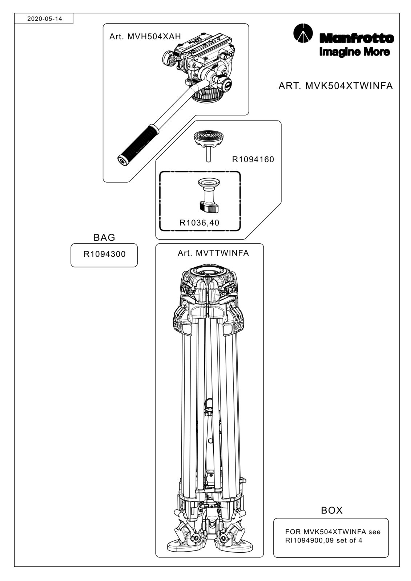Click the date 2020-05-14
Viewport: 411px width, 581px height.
(45, 19)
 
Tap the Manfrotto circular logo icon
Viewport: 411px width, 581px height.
(303, 33)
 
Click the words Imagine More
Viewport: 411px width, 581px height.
(354, 52)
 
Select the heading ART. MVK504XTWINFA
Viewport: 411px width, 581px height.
(335, 86)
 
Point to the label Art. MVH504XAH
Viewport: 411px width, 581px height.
(145, 37)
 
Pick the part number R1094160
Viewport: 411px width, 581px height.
(253, 159)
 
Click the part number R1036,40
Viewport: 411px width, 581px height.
(200, 223)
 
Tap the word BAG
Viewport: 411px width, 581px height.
(104, 237)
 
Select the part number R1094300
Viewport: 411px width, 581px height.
(104, 254)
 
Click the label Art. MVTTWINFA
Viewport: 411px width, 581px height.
(213, 253)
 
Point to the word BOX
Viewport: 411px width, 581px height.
(331, 511)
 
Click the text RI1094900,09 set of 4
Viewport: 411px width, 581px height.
(323, 540)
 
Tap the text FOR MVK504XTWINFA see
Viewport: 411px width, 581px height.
(333, 532)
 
